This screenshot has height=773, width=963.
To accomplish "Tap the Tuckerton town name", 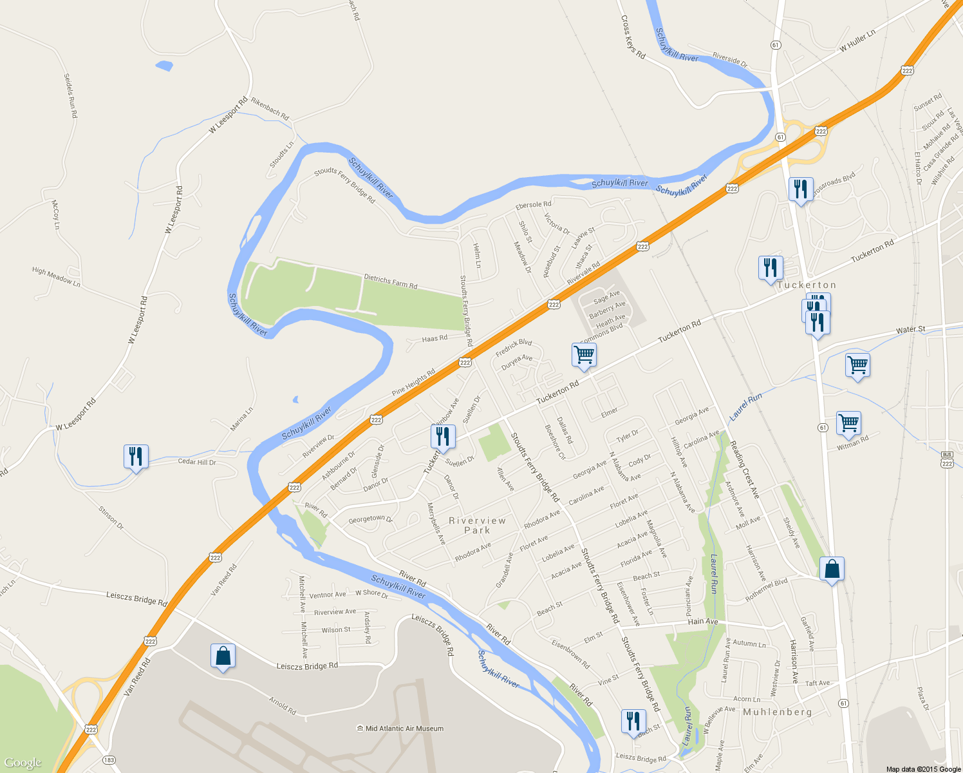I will pyautogui.click(x=807, y=285).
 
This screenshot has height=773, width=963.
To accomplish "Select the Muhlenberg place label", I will pyautogui.click(x=778, y=712).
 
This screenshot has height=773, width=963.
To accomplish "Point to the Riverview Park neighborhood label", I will pyautogui.click(x=477, y=525).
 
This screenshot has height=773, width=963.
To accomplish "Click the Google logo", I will pyautogui.click(x=23, y=763).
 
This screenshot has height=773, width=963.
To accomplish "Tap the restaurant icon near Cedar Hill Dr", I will pyautogui.click(x=136, y=457).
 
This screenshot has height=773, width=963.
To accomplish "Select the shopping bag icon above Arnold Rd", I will pyautogui.click(x=223, y=656).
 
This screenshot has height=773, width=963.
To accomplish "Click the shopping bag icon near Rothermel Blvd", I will pyautogui.click(x=832, y=569).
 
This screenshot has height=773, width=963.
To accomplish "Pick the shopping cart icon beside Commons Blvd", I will pyautogui.click(x=584, y=355).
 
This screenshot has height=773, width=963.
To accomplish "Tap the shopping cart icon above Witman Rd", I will pyautogui.click(x=848, y=423).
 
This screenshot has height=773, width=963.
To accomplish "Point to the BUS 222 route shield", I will pyautogui.click(x=947, y=461).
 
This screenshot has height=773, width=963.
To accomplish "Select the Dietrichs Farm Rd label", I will pyautogui.click(x=391, y=282).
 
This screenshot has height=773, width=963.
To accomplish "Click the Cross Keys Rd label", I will pyautogui.click(x=633, y=37).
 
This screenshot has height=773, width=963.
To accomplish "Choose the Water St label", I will pyautogui.click(x=910, y=330).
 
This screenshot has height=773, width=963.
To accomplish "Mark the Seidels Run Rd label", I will pyautogui.click(x=70, y=95).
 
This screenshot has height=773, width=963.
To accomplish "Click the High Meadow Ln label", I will pyautogui.click(x=56, y=276).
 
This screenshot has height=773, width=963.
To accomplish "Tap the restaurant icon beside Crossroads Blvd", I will pyautogui.click(x=800, y=189).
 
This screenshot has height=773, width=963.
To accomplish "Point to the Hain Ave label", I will pyautogui.click(x=702, y=622).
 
